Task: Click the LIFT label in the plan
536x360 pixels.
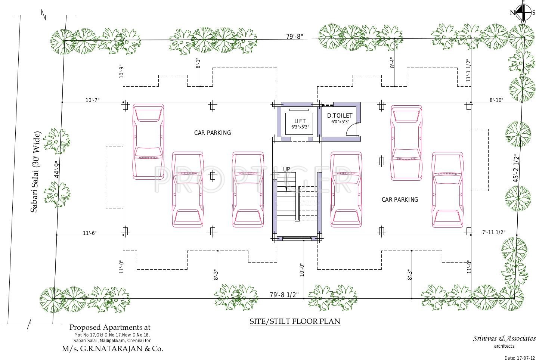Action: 300,121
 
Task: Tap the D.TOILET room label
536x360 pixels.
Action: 340,116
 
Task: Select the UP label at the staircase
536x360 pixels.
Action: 286,169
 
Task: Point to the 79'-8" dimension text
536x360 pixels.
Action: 295,36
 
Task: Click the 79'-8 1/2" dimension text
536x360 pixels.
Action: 284,295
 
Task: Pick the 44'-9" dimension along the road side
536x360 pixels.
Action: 57,169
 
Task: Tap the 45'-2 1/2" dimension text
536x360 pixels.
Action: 516,168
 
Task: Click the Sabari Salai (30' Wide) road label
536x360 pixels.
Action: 35,172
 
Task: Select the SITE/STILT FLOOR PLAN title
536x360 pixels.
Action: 295,321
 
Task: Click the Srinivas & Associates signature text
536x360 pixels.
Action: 504,338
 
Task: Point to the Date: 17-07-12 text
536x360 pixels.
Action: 520,358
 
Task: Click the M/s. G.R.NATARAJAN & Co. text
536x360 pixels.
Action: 112,349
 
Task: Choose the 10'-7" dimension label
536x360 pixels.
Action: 92,100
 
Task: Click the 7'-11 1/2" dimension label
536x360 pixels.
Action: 494,232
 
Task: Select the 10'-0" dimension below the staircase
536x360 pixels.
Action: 302,270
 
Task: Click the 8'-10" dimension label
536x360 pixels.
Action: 496,100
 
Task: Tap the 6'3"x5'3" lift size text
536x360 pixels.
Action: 300,127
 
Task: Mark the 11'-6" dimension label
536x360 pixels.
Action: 90,233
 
